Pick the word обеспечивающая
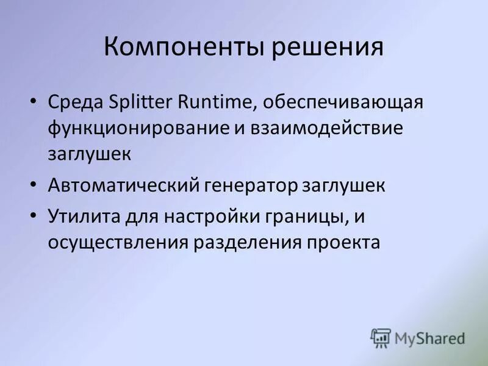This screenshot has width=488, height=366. pos(344,102)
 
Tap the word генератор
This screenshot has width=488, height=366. pos(248,185)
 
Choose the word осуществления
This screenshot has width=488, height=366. pos(118,243)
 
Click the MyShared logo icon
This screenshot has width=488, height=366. pos(381,338)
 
